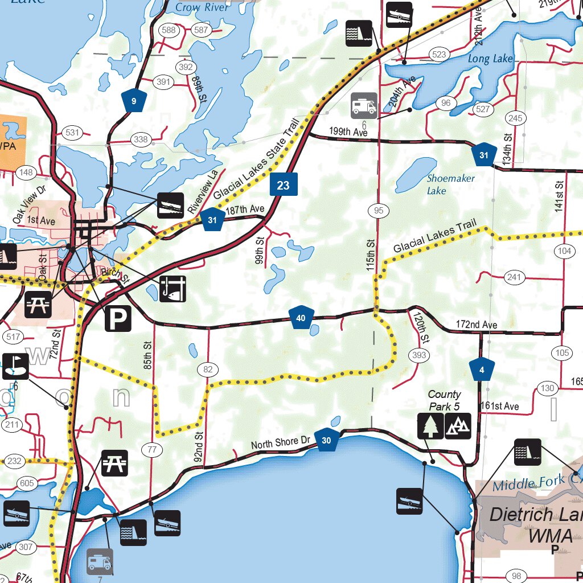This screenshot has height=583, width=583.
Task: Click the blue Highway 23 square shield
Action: point(284,184)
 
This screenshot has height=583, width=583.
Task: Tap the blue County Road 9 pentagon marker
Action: point(134,101)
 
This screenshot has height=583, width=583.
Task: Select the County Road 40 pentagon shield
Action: point(301,318)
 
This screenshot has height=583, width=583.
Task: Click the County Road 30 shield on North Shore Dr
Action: point(326,440)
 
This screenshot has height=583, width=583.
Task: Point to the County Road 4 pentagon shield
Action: point(482,369)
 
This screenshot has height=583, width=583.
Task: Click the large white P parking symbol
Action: point(118,319)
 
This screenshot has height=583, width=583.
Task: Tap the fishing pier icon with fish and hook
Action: point(173,288)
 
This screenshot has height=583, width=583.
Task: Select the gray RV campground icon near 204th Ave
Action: point(364,106)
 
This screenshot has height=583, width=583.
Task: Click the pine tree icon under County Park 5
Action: point(430,426)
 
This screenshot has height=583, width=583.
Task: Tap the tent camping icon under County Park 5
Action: point(458,426)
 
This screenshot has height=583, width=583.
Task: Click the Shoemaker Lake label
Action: point(450,184)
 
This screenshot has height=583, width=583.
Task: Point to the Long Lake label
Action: point(490,59)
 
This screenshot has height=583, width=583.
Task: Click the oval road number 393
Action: point(418,356)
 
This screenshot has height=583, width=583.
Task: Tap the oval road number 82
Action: point(208,370)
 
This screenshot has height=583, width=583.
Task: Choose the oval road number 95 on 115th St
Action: point(379,211)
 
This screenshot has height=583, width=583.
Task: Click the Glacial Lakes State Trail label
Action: point(256,165)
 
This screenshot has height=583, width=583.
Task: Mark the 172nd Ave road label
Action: point(477,325)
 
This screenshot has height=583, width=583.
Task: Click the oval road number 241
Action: point(514,277)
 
